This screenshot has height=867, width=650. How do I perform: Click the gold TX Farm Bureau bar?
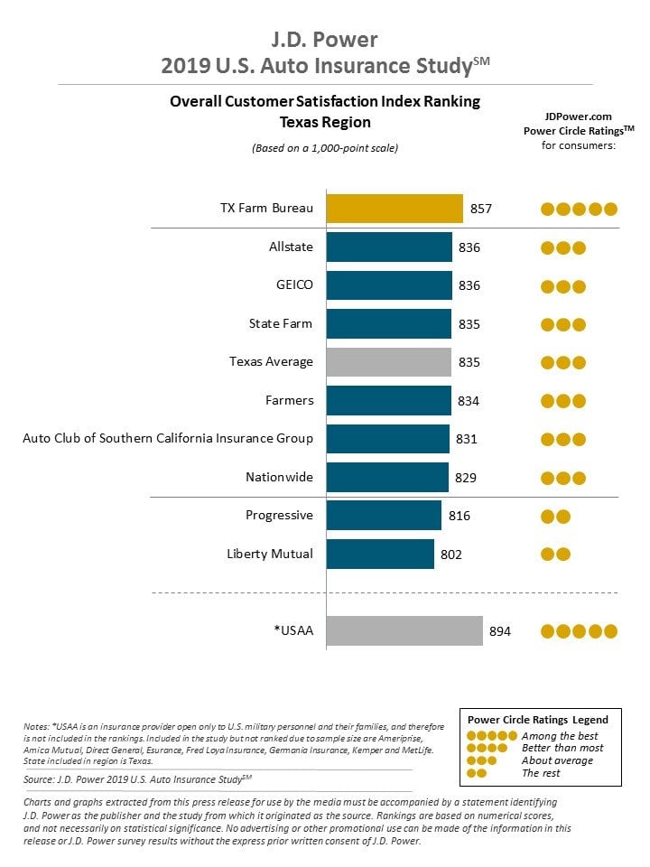395,209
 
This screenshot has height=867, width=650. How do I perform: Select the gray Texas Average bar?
388,362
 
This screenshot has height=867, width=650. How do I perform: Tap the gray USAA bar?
404,631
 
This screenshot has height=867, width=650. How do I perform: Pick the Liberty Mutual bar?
380,554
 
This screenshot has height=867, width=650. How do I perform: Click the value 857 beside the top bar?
481,209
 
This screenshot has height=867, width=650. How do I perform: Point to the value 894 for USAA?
499,631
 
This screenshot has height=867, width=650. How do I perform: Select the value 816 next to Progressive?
460,516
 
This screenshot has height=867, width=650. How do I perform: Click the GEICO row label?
294,284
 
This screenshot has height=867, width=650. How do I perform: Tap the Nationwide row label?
279,477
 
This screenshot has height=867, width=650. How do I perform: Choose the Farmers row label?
289,400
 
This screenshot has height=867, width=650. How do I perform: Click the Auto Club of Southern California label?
168,438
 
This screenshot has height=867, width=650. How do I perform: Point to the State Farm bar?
388,324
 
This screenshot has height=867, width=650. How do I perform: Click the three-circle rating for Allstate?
562,247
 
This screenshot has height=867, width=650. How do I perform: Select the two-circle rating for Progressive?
555,517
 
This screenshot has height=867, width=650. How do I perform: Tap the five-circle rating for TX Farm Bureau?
579,209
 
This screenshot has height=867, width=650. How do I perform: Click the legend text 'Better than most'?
562,748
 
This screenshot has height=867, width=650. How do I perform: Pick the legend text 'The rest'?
541,773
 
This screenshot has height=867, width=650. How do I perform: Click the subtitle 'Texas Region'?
325,122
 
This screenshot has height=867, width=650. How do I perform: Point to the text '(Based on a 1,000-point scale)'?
325,148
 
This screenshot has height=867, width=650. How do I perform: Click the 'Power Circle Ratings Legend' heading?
538,720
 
